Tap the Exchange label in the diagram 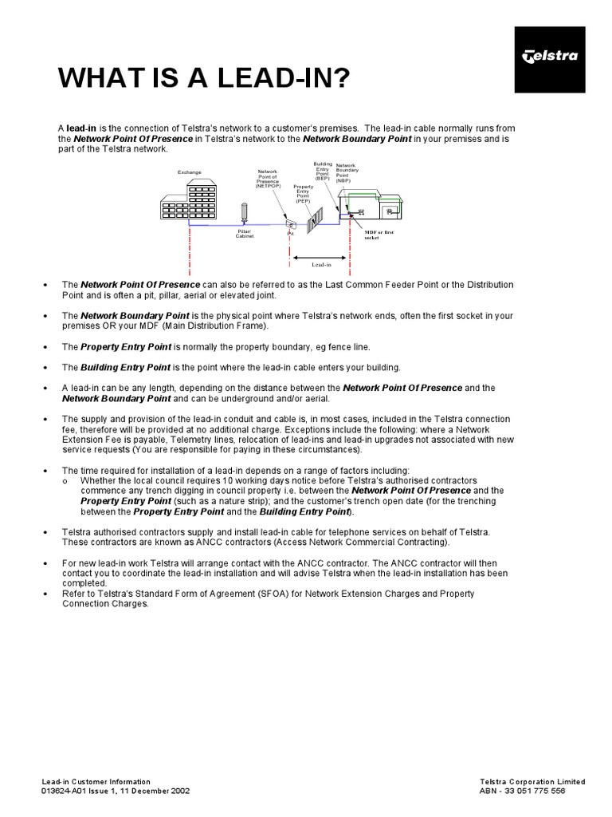190,172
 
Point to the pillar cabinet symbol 245,213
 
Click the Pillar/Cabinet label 245,234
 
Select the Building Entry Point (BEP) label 323,172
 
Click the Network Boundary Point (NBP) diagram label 347,173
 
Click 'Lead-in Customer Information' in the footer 96,781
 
